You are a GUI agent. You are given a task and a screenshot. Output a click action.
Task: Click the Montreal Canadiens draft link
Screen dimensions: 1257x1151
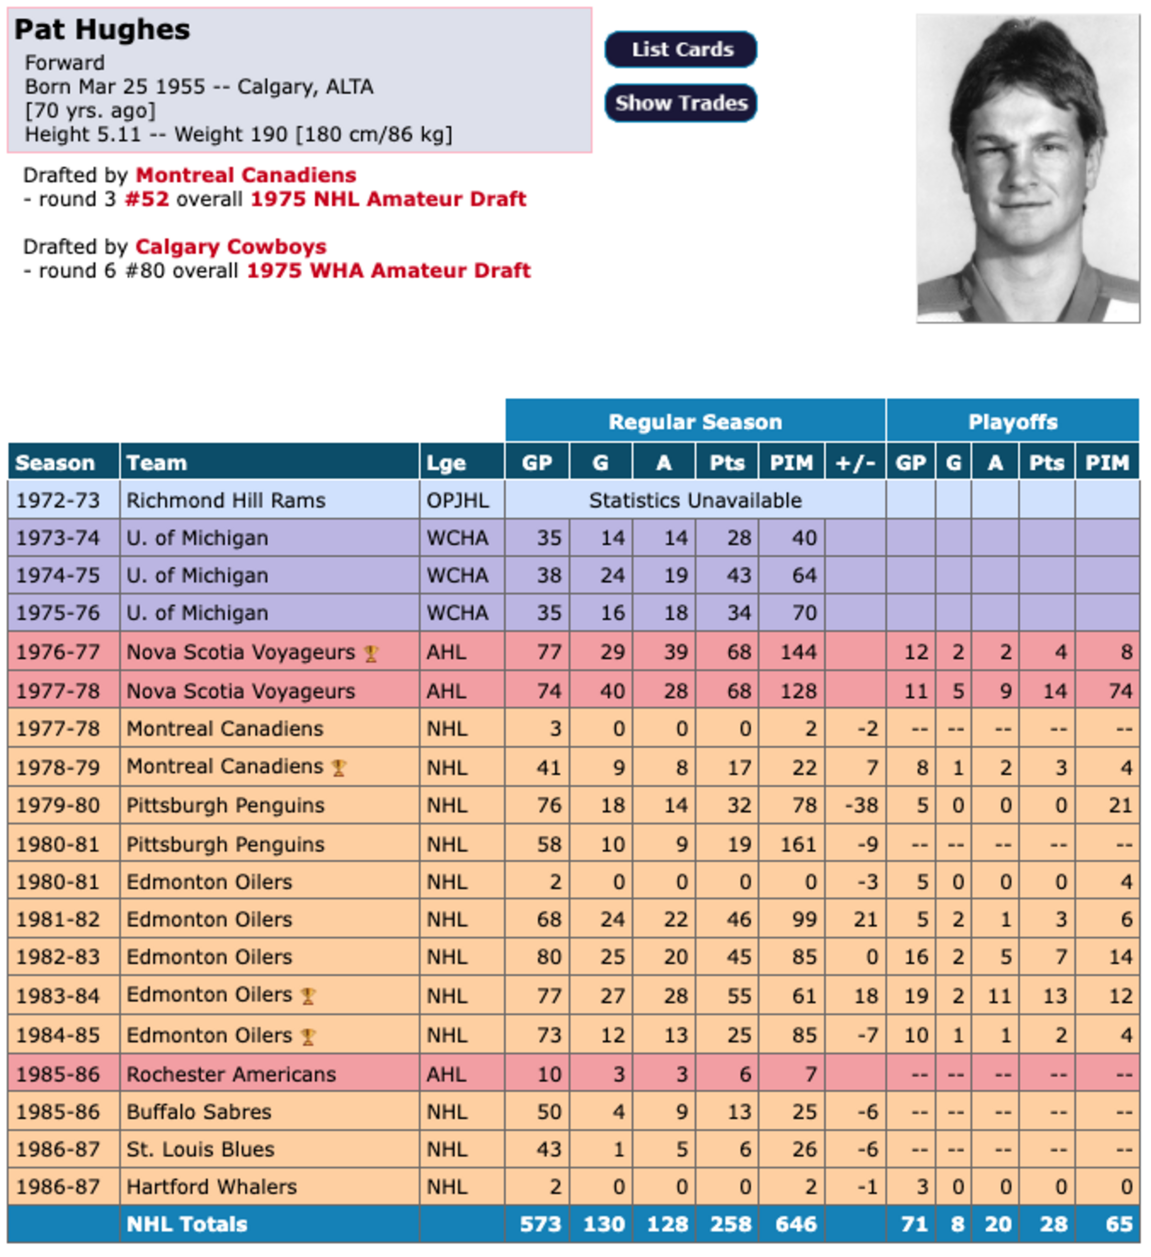(246, 175)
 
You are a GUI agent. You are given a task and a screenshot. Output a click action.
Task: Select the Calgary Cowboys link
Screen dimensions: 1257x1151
(231, 247)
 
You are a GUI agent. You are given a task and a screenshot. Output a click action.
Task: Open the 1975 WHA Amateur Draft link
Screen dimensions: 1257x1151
(388, 271)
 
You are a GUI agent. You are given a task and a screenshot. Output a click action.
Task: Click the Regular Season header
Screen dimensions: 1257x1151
(695, 422)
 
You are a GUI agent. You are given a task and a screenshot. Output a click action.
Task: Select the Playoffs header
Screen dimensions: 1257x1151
(1012, 422)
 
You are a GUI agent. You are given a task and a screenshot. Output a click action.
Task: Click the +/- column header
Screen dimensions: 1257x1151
(855, 463)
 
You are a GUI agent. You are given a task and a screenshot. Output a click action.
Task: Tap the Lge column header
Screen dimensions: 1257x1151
(446, 463)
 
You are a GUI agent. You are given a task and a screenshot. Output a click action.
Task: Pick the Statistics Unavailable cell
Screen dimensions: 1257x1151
(695, 500)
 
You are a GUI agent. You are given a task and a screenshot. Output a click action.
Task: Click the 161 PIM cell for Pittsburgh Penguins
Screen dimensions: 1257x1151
(798, 844)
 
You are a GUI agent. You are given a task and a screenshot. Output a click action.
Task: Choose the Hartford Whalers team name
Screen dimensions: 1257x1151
(211, 1187)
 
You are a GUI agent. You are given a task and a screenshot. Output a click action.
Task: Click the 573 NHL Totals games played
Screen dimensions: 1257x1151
(540, 1224)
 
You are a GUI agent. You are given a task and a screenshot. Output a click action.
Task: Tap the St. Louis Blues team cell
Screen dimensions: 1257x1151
(200, 1149)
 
